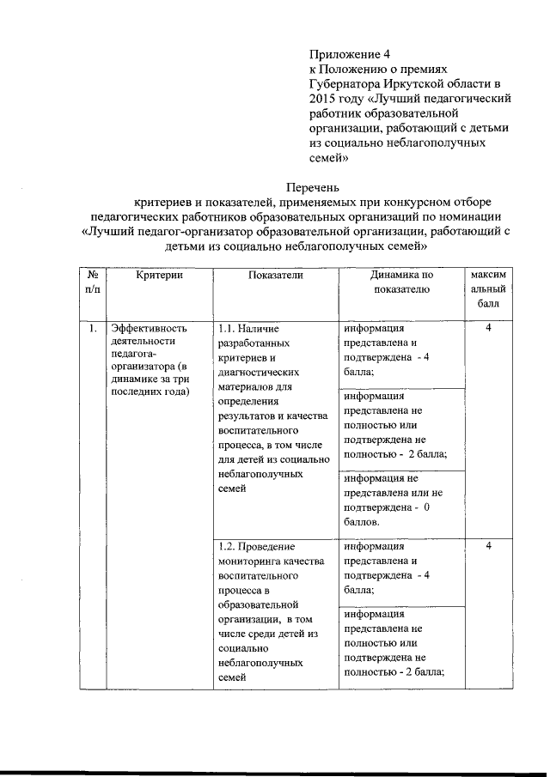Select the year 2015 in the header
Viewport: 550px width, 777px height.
324,98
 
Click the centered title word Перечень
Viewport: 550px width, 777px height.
313,186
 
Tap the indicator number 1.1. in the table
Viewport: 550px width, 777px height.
228,329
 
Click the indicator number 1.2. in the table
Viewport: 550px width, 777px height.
228,546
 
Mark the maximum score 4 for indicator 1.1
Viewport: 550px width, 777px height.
488,329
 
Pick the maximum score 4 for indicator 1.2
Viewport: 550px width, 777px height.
488,546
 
